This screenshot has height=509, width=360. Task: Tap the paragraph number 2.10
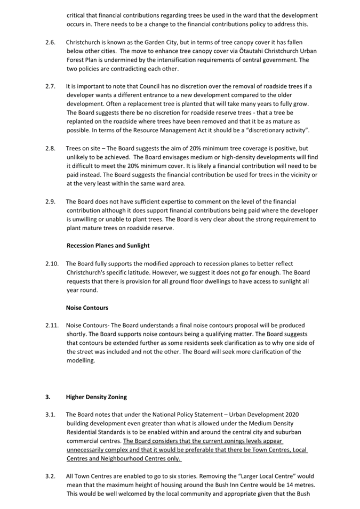[52, 263]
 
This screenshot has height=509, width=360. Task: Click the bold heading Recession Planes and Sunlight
[108, 245]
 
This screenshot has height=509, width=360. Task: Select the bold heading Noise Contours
[87, 308]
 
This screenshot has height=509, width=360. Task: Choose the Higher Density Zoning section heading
[97, 397]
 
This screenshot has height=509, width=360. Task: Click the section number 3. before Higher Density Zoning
[47, 397]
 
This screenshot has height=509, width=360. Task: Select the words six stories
[169, 475]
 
